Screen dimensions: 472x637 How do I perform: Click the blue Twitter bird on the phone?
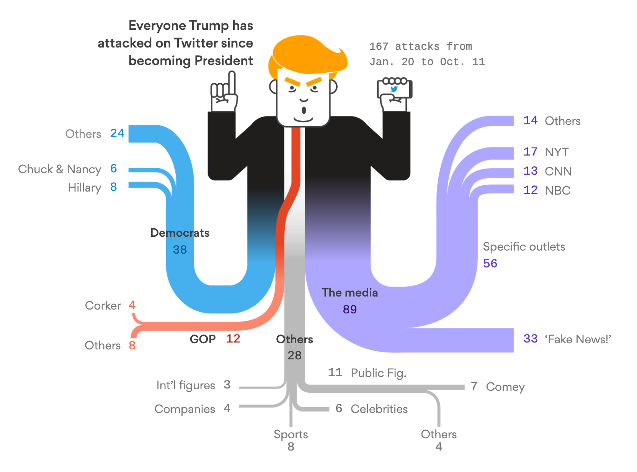(x=394, y=89)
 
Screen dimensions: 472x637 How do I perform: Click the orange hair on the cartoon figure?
(x=306, y=54)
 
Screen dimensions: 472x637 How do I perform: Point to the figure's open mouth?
(x=304, y=110)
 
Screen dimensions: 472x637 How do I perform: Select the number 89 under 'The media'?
(x=350, y=309)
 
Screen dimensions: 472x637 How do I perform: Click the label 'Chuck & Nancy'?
(x=60, y=169)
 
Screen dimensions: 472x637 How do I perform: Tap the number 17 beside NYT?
(x=530, y=152)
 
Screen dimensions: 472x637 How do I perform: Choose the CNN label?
(x=558, y=171)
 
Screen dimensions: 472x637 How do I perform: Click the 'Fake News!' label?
(x=578, y=339)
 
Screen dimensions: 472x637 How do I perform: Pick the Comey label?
(x=505, y=387)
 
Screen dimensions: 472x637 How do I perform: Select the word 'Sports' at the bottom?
(x=291, y=434)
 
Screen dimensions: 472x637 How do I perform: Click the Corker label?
(x=103, y=306)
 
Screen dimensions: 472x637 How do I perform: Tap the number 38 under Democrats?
(x=180, y=250)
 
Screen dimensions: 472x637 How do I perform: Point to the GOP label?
(x=203, y=339)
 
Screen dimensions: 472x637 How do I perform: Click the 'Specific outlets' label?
(x=524, y=247)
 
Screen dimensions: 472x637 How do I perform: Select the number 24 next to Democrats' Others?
(x=117, y=133)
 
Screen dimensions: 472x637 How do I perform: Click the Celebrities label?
(x=379, y=409)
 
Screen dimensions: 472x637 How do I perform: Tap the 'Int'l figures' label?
(x=186, y=385)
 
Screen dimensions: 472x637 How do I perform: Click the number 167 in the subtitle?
(x=379, y=47)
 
